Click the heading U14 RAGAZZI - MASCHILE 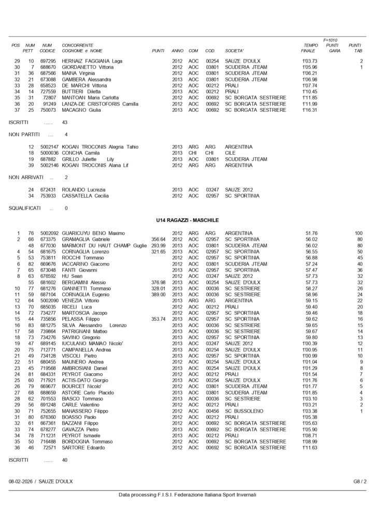coord(187,220)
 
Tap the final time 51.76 coord(311,233)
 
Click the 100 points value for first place coord(359,233)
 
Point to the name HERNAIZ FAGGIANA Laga coord(92,61)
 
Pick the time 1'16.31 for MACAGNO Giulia coord(310,110)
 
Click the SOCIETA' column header coord(235,51)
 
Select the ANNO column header coord(177,51)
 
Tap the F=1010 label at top coord(330,40)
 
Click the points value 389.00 coord(158,295)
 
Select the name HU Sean coord(72,276)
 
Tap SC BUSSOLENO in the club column coord(246,410)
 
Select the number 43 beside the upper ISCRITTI coord(65,122)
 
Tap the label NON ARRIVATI coord(26,178)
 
